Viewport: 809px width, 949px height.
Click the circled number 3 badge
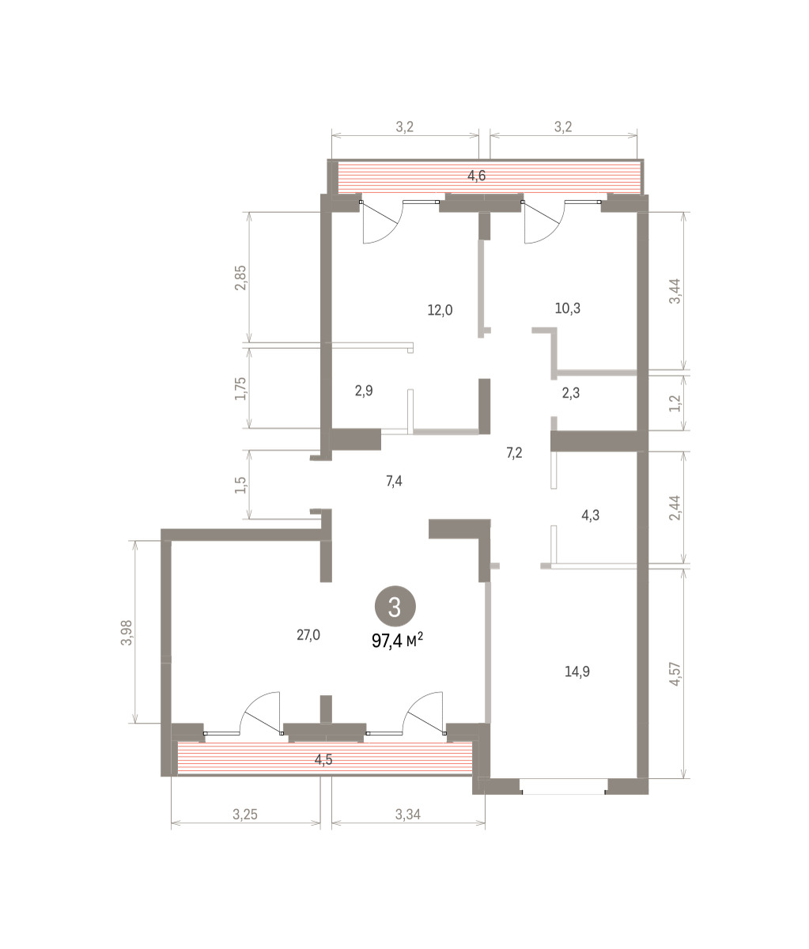pos(395,606)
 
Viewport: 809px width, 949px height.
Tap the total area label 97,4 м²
pos(397,641)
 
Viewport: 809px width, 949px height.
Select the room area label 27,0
pos(308,635)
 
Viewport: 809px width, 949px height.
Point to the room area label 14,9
pos(577,671)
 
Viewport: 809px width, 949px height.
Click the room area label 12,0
pos(440,310)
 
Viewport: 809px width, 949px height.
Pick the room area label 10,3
pos(568,308)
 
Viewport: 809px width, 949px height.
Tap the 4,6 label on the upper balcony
pos(477,176)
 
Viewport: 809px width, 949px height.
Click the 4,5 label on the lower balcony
pos(323,760)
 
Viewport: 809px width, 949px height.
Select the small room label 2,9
pos(364,391)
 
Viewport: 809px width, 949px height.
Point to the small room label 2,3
pos(571,392)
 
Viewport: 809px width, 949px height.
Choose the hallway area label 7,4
pos(394,481)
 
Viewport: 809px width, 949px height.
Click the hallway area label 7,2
pos(514,452)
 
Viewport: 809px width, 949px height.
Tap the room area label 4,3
pos(591,515)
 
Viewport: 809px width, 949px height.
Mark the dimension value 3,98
pos(127,633)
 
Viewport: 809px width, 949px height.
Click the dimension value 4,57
pos(675,674)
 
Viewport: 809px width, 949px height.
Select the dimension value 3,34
pos(408,815)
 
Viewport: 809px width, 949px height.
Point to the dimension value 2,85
pos(240,278)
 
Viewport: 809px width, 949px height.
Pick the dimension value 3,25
pos(244,815)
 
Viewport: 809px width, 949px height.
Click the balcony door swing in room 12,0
pos(384,224)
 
